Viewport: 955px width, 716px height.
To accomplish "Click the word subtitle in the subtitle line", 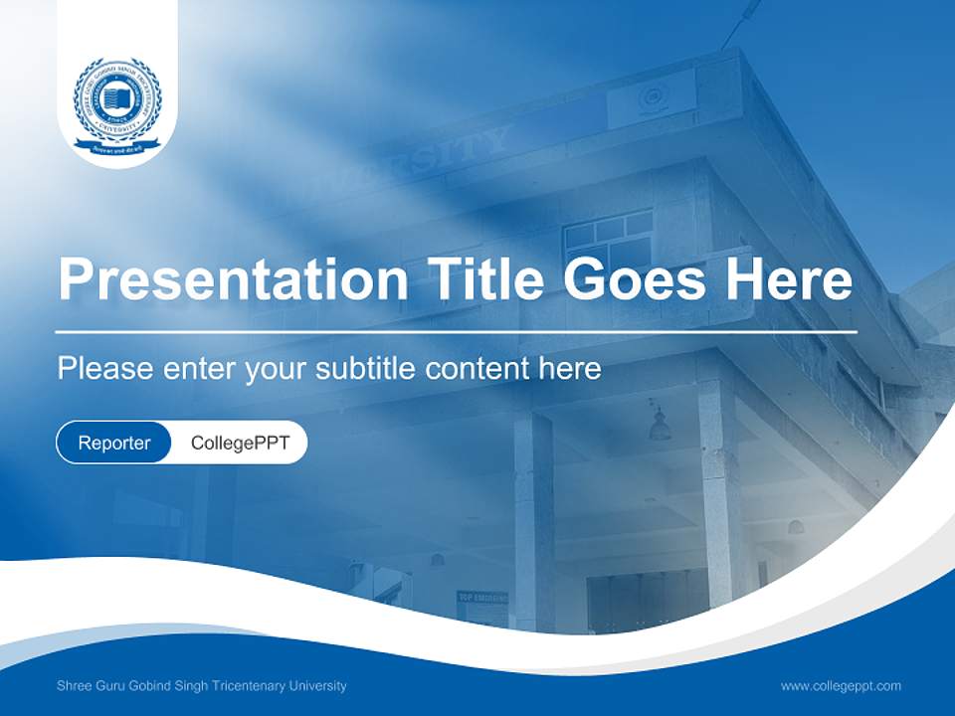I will (x=366, y=369).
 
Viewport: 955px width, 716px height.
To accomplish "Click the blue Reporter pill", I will (x=114, y=443).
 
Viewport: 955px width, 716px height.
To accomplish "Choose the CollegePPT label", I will (x=240, y=443).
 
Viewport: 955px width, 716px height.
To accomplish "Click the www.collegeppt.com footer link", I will (x=841, y=685).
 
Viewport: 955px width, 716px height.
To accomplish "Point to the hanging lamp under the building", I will (x=659, y=425).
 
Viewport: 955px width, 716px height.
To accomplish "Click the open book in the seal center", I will (x=117, y=98).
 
